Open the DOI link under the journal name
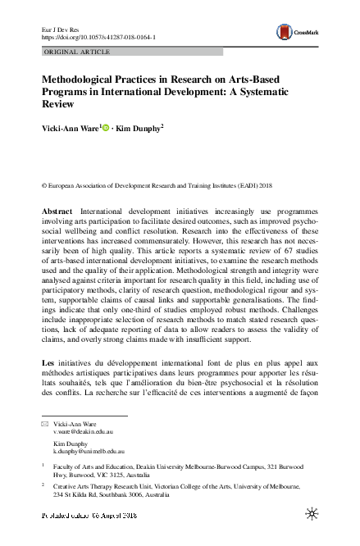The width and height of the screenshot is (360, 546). (x=98, y=37)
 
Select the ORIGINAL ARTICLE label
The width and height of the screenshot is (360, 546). (x=71, y=52)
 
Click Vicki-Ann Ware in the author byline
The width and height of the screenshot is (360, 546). (x=71, y=128)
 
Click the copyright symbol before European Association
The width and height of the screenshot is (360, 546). (x=43, y=186)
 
